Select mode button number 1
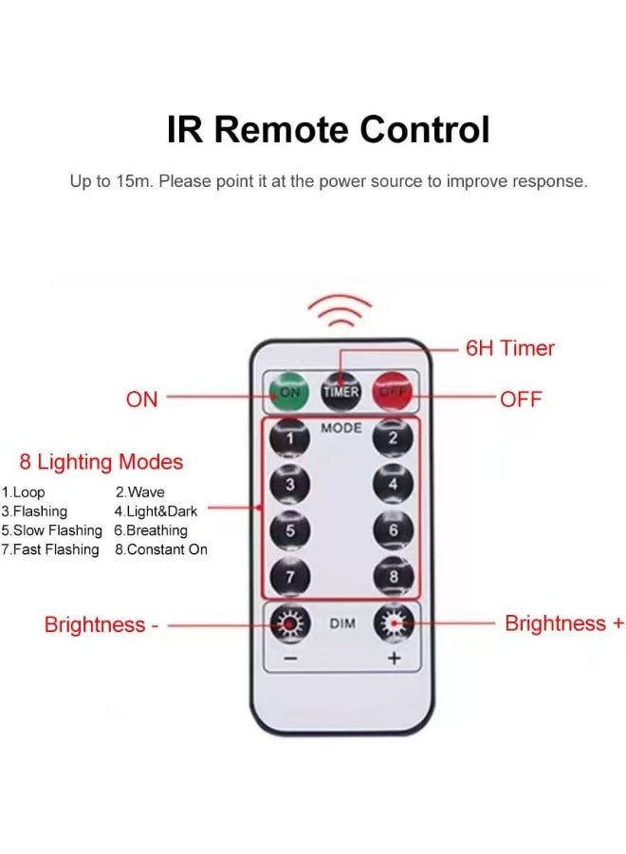click(290, 437)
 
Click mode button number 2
click(393, 437)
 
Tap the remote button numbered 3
click(290, 484)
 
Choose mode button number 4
click(393, 484)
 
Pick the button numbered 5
click(290, 529)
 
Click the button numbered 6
click(393, 529)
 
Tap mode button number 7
click(290, 576)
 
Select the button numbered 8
click(393, 576)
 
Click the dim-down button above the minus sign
click(289, 623)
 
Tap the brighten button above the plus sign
click(393, 623)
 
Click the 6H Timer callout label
click(509, 348)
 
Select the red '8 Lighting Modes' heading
click(101, 462)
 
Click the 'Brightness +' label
click(564, 623)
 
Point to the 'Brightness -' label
click(101, 625)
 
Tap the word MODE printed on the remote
click(341, 428)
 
